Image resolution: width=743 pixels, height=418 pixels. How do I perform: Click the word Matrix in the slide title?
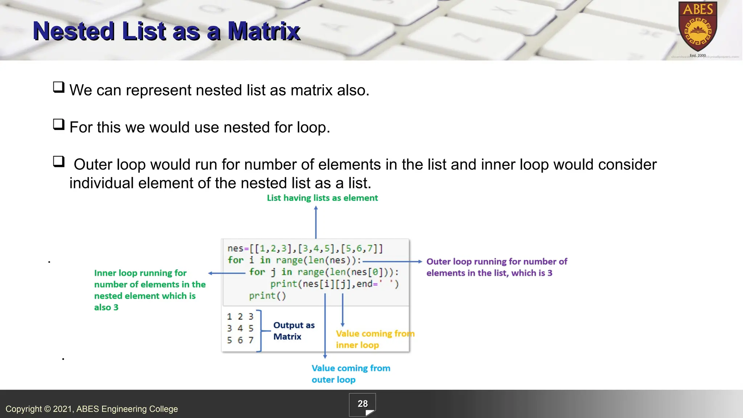coord(264,31)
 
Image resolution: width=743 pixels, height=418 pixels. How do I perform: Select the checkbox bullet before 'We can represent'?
coord(58,87)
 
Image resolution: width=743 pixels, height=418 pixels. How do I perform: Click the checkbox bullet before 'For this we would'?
coord(58,124)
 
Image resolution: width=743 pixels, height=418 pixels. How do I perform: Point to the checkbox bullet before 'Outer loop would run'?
coord(58,161)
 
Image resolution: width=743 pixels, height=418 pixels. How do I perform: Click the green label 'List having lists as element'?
coord(322,198)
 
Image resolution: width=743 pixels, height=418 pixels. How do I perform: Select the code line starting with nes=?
coord(305,249)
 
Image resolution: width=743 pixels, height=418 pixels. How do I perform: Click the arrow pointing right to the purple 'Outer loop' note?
coord(392,261)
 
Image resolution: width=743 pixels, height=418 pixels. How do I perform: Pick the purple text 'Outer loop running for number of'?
coord(496,262)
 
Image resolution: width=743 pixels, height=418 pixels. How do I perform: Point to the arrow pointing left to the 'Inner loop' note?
coord(227,273)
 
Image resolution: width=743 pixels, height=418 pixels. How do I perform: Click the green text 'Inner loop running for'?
coord(140,273)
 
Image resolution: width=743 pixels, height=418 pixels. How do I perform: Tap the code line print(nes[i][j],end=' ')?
coord(334,284)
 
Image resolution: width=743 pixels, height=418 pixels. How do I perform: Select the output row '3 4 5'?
coord(240,328)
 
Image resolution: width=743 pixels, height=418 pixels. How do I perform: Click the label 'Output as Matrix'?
coord(293,331)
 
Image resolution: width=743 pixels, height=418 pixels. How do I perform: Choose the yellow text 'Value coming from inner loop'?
coord(374,339)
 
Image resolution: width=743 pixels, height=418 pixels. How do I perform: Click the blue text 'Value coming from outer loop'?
coord(350,374)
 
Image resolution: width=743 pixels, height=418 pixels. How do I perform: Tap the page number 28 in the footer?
coord(362,404)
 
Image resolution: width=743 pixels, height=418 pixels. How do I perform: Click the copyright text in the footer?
coord(91,409)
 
